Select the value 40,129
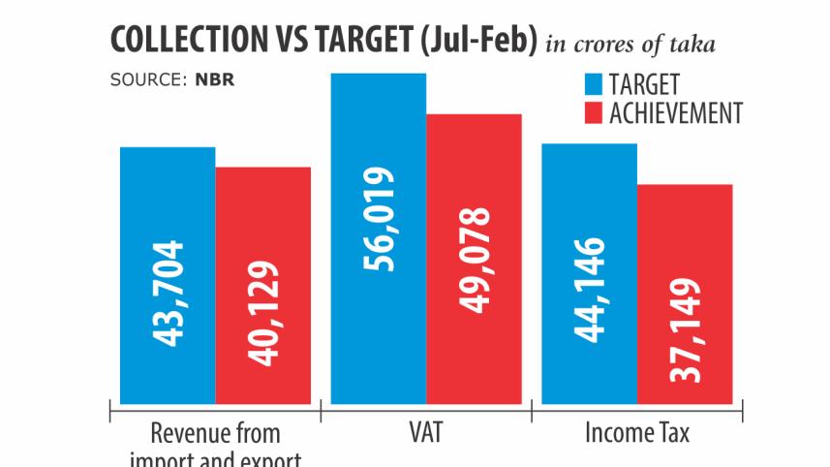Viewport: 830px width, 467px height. click(x=263, y=311)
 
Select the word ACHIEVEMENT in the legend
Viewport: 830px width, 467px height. click(x=675, y=113)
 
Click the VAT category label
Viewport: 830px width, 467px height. click(x=426, y=432)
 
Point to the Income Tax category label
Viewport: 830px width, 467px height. click(x=637, y=432)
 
